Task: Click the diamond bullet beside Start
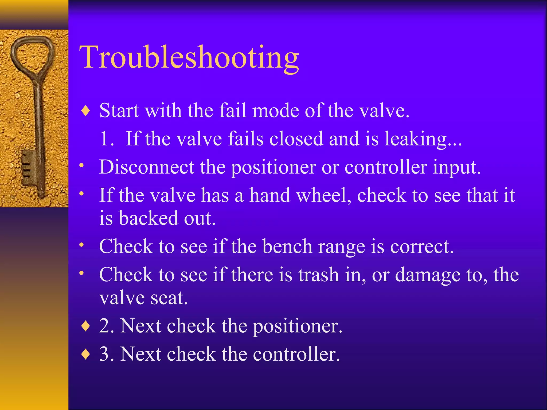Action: click(x=85, y=111)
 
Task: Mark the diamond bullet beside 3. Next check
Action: click(x=85, y=354)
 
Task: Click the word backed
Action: click(x=149, y=218)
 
